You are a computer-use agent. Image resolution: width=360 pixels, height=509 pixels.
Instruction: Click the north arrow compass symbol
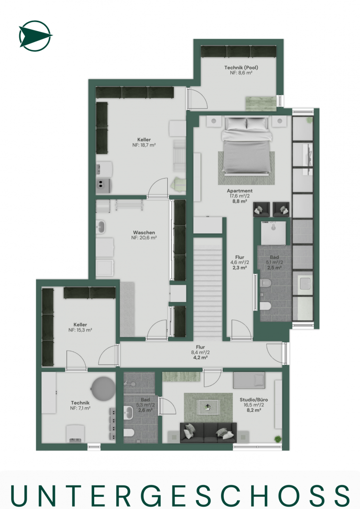(35, 36)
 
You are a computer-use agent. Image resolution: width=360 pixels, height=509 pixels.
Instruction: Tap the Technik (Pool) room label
(241, 67)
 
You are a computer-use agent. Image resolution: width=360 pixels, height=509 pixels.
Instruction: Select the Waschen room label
(144, 232)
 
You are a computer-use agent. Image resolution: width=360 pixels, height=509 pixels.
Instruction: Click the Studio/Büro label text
(254, 400)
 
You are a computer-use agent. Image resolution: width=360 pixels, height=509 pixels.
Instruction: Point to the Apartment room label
(239, 191)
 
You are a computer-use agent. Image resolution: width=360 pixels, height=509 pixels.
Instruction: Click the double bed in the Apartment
(246, 145)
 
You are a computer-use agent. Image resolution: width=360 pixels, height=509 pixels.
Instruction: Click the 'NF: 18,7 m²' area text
(144, 145)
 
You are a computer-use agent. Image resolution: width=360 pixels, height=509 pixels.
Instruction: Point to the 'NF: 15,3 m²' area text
(80, 330)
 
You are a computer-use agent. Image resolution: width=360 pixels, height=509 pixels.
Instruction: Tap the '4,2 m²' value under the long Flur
(200, 357)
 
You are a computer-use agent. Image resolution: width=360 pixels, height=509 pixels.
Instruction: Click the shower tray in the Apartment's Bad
(273, 233)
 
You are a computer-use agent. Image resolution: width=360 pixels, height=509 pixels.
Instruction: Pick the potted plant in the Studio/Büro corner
(278, 439)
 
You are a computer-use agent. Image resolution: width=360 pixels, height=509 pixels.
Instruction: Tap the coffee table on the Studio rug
(208, 406)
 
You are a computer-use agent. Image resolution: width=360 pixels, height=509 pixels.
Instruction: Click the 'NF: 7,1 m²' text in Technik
(80, 408)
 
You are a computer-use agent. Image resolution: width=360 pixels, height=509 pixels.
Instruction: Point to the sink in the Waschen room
(100, 227)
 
